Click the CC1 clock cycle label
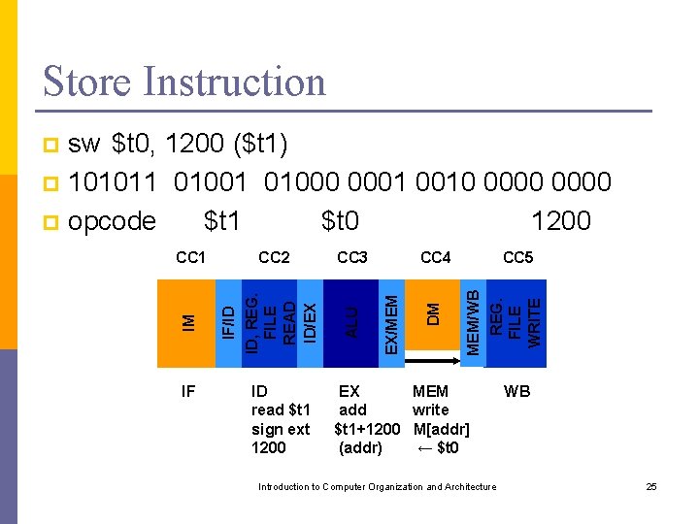pyautogui.click(x=190, y=258)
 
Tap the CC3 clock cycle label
pyautogui.click(x=351, y=258)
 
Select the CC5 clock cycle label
pyautogui.click(x=518, y=258)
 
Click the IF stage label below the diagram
pyautogui.click(x=188, y=392)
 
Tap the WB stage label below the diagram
pyautogui.click(x=516, y=392)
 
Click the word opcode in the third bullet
pyautogui.click(x=113, y=221)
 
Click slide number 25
pyautogui.click(x=651, y=486)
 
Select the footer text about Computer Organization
pyautogui.click(x=377, y=486)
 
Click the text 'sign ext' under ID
pyautogui.click(x=281, y=429)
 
